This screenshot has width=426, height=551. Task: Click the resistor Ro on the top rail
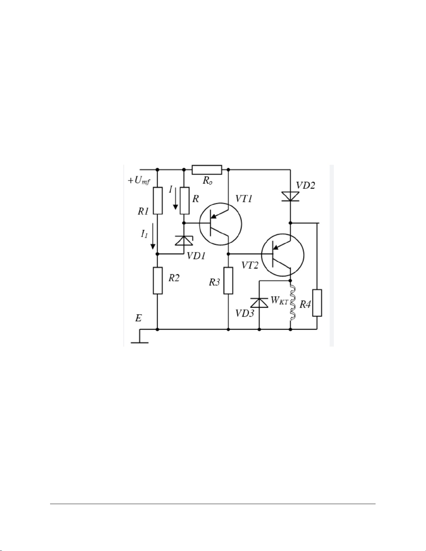(x=207, y=170)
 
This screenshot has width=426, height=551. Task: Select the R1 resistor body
(x=158, y=201)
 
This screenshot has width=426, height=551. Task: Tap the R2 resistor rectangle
(x=158, y=281)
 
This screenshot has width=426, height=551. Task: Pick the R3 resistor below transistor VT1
(x=228, y=281)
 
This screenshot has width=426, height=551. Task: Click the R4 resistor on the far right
(x=317, y=303)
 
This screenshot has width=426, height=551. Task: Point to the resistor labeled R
(x=185, y=201)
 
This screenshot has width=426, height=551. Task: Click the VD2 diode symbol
(x=291, y=196)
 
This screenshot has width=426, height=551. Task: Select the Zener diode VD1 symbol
(x=184, y=240)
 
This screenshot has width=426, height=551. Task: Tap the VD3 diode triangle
(x=259, y=302)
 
